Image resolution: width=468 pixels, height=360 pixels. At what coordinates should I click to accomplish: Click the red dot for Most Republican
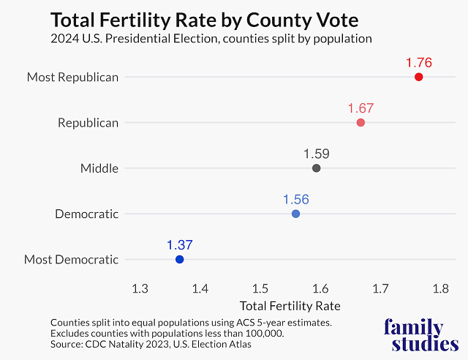[x=418, y=77]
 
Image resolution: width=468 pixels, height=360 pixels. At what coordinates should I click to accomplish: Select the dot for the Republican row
[x=361, y=122]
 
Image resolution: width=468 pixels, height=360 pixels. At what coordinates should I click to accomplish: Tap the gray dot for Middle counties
[x=316, y=168]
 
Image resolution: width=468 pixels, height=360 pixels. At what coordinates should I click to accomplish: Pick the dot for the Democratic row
[x=295, y=214]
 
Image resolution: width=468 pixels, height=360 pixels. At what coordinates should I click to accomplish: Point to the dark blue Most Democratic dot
[x=179, y=259]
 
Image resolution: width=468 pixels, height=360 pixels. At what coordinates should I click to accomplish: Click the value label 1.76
[x=418, y=63]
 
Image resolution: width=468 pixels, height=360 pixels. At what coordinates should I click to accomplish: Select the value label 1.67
[x=361, y=108]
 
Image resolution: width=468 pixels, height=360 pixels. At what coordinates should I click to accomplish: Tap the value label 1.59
[x=316, y=154]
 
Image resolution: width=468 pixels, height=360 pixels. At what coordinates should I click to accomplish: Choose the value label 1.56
[x=295, y=200]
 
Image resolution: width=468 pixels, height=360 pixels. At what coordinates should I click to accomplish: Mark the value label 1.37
[x=179, y=245]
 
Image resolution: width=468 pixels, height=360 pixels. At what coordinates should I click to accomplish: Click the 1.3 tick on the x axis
[x=140, y=288]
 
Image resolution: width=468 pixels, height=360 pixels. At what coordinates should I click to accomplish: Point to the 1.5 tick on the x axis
[x=260, y=288]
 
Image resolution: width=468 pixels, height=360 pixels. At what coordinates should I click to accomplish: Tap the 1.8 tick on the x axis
[x=440, y=288]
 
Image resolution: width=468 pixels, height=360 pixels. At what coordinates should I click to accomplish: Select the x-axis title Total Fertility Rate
[x=290, y=305]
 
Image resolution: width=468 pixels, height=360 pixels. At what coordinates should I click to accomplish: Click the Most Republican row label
[x=72, y=77]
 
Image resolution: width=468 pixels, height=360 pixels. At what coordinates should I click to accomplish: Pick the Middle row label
[x=99, y=168]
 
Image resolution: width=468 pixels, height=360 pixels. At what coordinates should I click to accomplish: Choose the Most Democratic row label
[x=71, y=259]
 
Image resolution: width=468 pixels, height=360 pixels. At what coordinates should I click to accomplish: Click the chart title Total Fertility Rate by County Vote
[x=207, y=18]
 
